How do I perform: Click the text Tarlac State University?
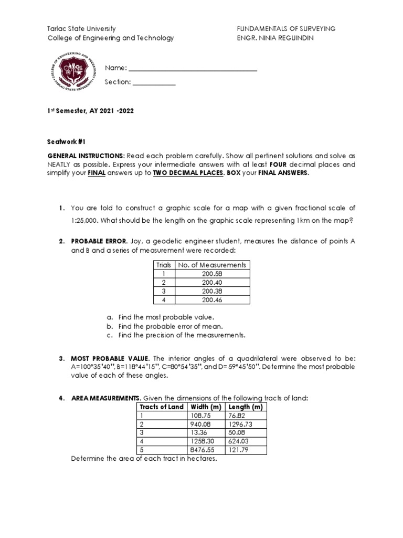click(x=81, y=29)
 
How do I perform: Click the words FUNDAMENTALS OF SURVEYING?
click(x=286, y=29)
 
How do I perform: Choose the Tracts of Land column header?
click(x=161, y=407)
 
